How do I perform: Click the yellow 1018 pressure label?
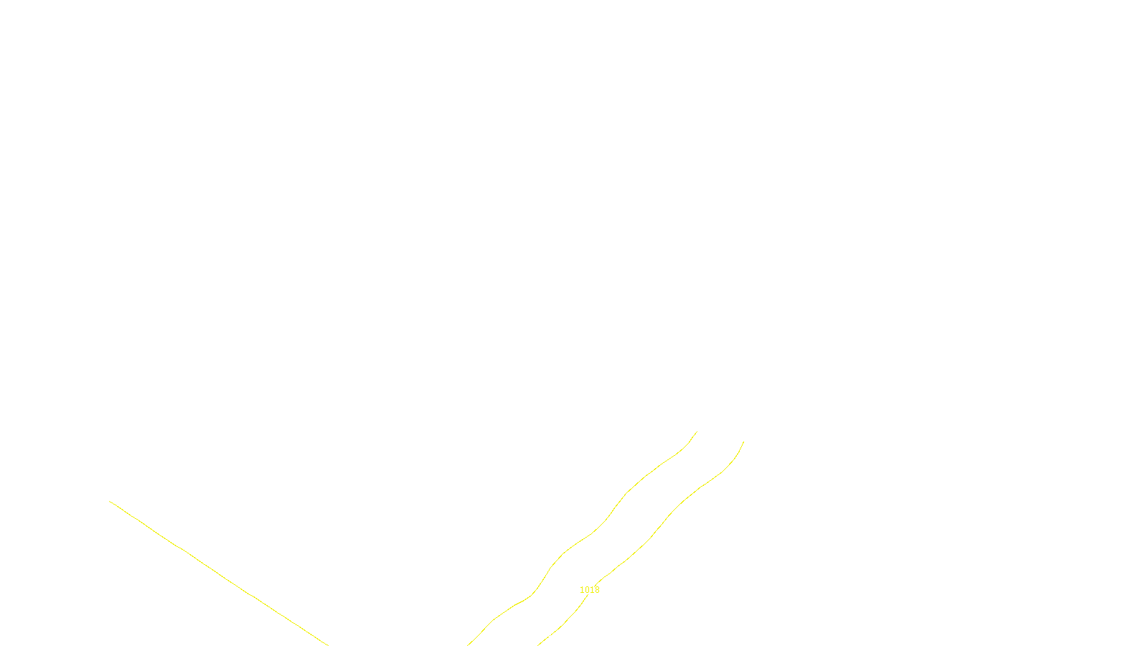pos(589,590)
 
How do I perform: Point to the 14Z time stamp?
pos(544,634)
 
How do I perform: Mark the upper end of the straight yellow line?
pos(110,501)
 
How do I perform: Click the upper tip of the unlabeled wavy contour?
pos(697,431)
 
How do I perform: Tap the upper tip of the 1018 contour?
pos(743,441)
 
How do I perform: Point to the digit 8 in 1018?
pos(597,590)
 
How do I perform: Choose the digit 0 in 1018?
pos(587,590)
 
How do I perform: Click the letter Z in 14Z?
pos(549,634)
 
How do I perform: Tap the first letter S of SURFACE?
pos(559,634)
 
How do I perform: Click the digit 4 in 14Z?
pos(544,634)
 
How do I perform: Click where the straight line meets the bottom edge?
pos(328,645)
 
